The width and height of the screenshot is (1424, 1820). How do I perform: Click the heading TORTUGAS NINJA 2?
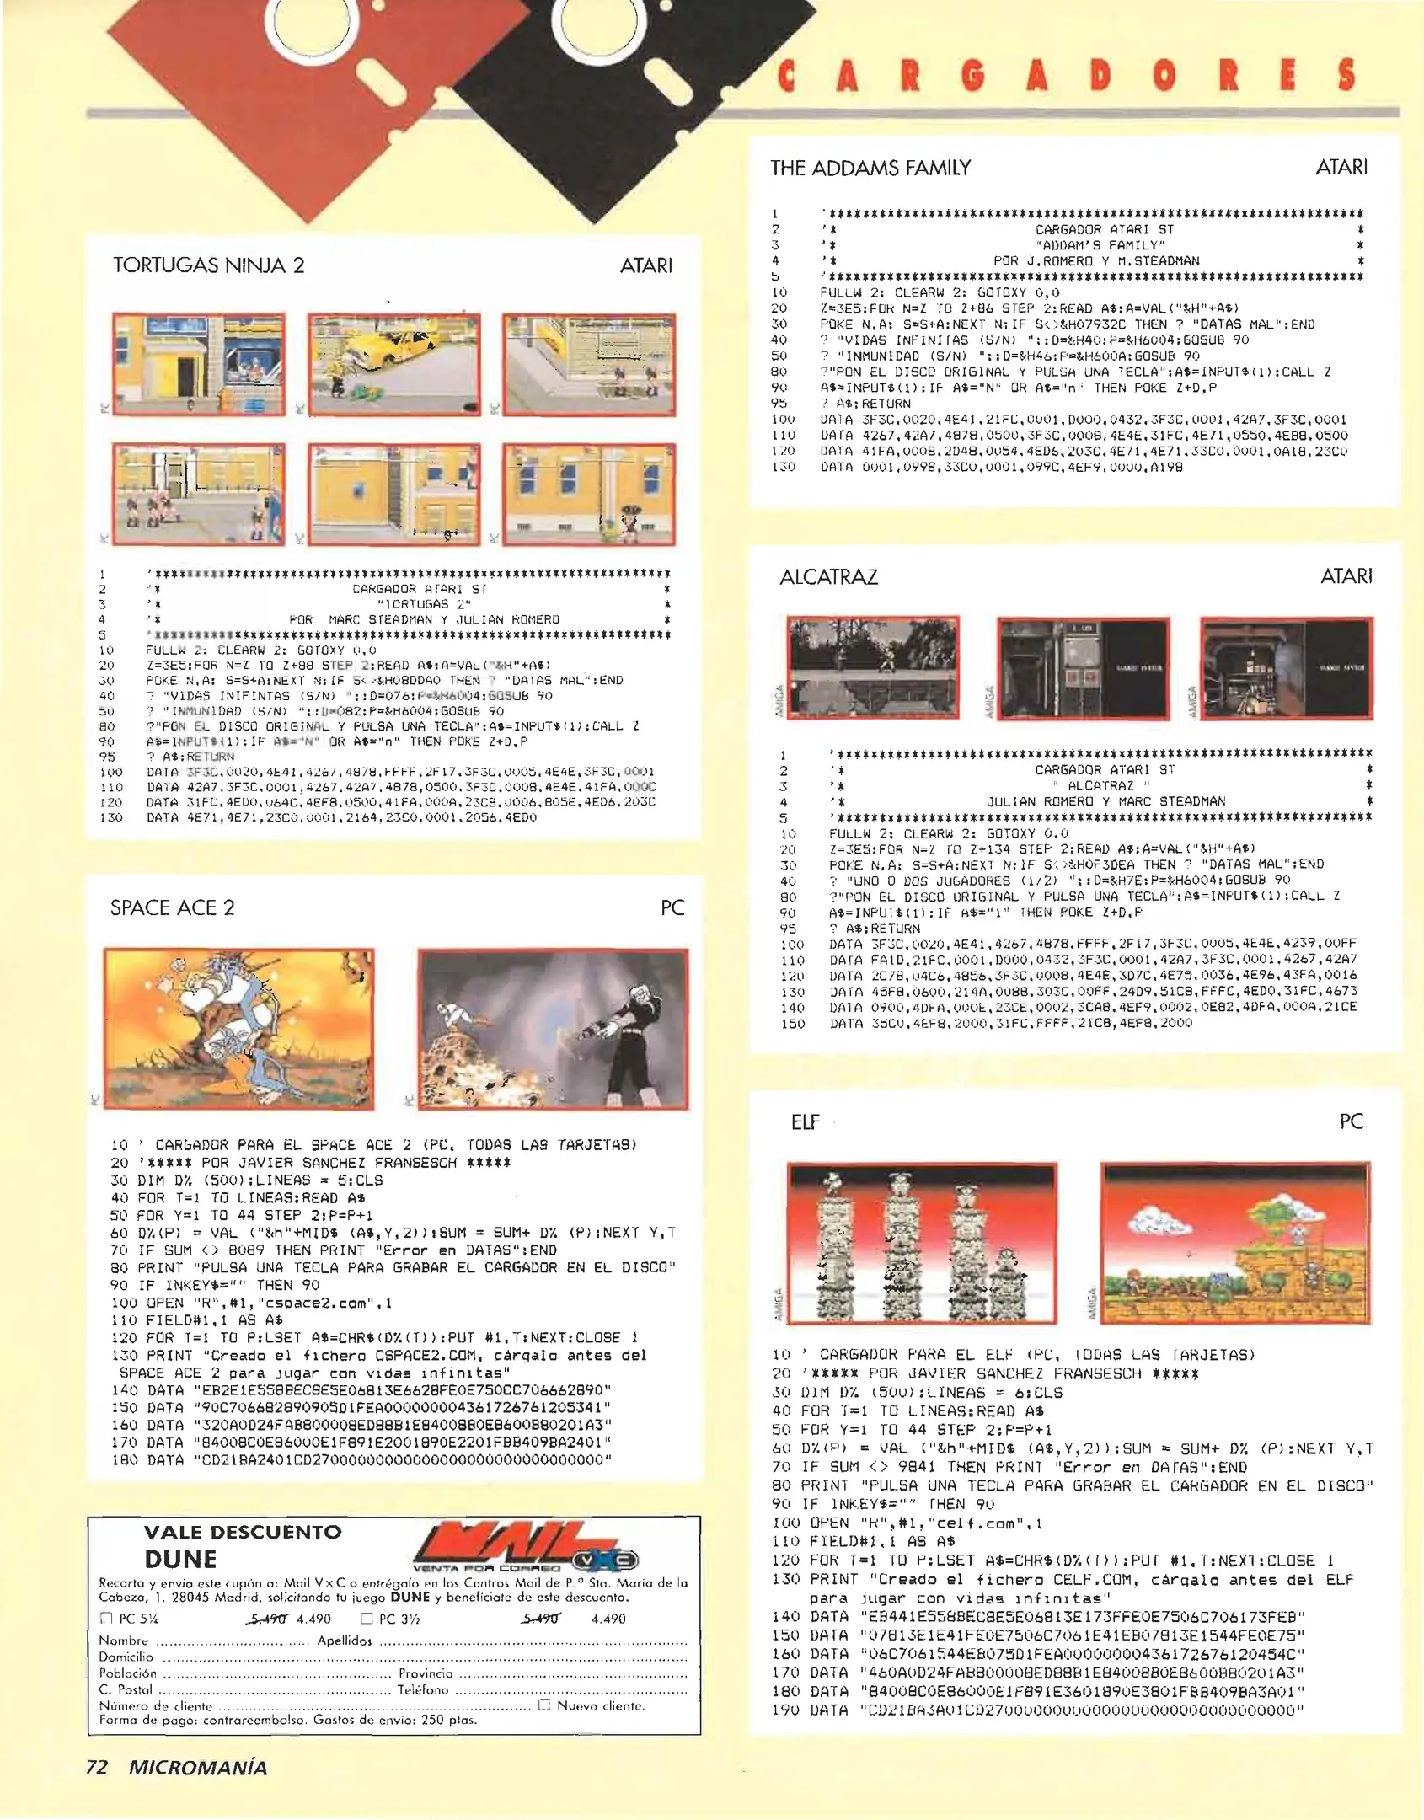pos(208,265)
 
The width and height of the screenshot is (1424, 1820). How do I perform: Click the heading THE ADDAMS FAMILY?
pos(870,168)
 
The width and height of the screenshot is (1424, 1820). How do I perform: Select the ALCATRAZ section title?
pos(828,577)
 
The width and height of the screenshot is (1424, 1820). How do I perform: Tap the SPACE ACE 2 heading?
pos(172,907)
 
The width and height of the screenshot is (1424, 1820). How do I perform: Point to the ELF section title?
pos(805,1122)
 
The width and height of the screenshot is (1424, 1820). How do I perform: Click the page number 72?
pos(97,1767)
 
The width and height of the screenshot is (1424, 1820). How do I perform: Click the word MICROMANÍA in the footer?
pos(198,1767)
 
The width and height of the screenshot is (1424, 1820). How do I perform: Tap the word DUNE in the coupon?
pos(180,1559)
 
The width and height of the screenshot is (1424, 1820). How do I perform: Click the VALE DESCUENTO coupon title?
pos(243,1532)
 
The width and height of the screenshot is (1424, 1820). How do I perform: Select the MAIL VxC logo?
pos(524,1549)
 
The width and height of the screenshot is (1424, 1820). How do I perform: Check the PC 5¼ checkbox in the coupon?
pos(106,1619)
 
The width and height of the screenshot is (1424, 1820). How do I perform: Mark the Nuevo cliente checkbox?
pos(544,1705)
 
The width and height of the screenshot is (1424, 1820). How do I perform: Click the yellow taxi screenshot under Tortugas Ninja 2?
pos(393,364)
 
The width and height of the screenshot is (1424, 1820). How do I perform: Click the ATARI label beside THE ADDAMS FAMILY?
pos(1341,167)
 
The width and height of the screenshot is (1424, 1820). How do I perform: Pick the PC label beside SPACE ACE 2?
pos(672,907)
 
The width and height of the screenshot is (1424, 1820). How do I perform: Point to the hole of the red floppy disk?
pos(312,21)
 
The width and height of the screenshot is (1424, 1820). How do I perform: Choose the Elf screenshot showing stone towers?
pos(922,1243)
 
